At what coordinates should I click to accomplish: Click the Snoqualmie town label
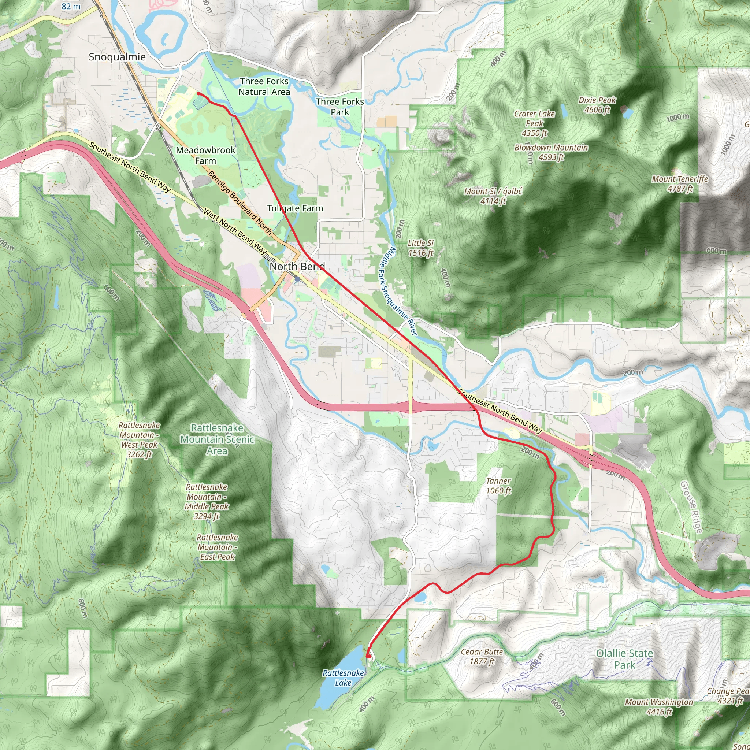(117, 57)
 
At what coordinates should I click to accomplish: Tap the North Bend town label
(297, 266)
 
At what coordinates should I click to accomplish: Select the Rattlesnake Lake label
(343, 678)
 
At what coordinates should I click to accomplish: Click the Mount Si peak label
(493, 196)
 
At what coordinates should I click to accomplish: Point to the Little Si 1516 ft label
(420, 248)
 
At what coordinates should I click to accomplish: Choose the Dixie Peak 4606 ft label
(597, 105)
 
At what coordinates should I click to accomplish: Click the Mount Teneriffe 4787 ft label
(680, 183)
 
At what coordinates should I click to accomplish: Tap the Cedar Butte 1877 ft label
(482, 657)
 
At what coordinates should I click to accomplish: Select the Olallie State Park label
(624, 659)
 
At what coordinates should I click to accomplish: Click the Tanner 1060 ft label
(498, 486)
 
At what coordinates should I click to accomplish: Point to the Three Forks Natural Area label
(264, 86)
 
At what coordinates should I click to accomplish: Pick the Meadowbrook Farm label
(205, 155)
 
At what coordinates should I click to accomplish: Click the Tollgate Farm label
(295, 208)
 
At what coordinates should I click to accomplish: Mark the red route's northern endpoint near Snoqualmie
(198, 93)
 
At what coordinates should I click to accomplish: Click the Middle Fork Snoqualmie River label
(398, 291)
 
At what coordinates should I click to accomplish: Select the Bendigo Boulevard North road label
(240, 202)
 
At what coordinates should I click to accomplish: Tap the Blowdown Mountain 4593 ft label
(551, 152)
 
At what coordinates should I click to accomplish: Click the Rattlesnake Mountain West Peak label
(139, 439)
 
